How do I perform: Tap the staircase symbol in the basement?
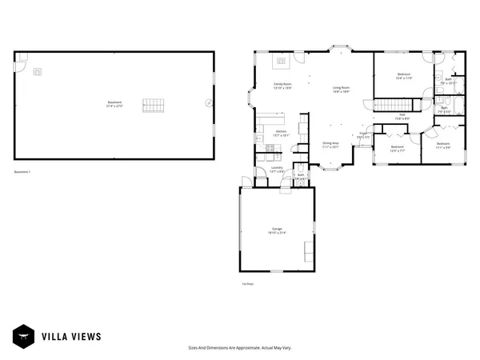pos(153,105)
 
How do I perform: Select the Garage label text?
pos(277,230)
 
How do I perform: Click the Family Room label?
pos(283,86)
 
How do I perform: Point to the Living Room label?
pos(342,90)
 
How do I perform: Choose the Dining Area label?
pos(330,145)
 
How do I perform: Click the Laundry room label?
pos(277,170)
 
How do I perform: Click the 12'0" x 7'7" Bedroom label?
pos(398,148)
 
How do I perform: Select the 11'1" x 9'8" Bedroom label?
pos(443,146)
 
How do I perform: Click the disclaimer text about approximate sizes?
pos(239,348)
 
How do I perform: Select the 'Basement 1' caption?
pos(22,171)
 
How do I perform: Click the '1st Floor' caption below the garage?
pos(247,284)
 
